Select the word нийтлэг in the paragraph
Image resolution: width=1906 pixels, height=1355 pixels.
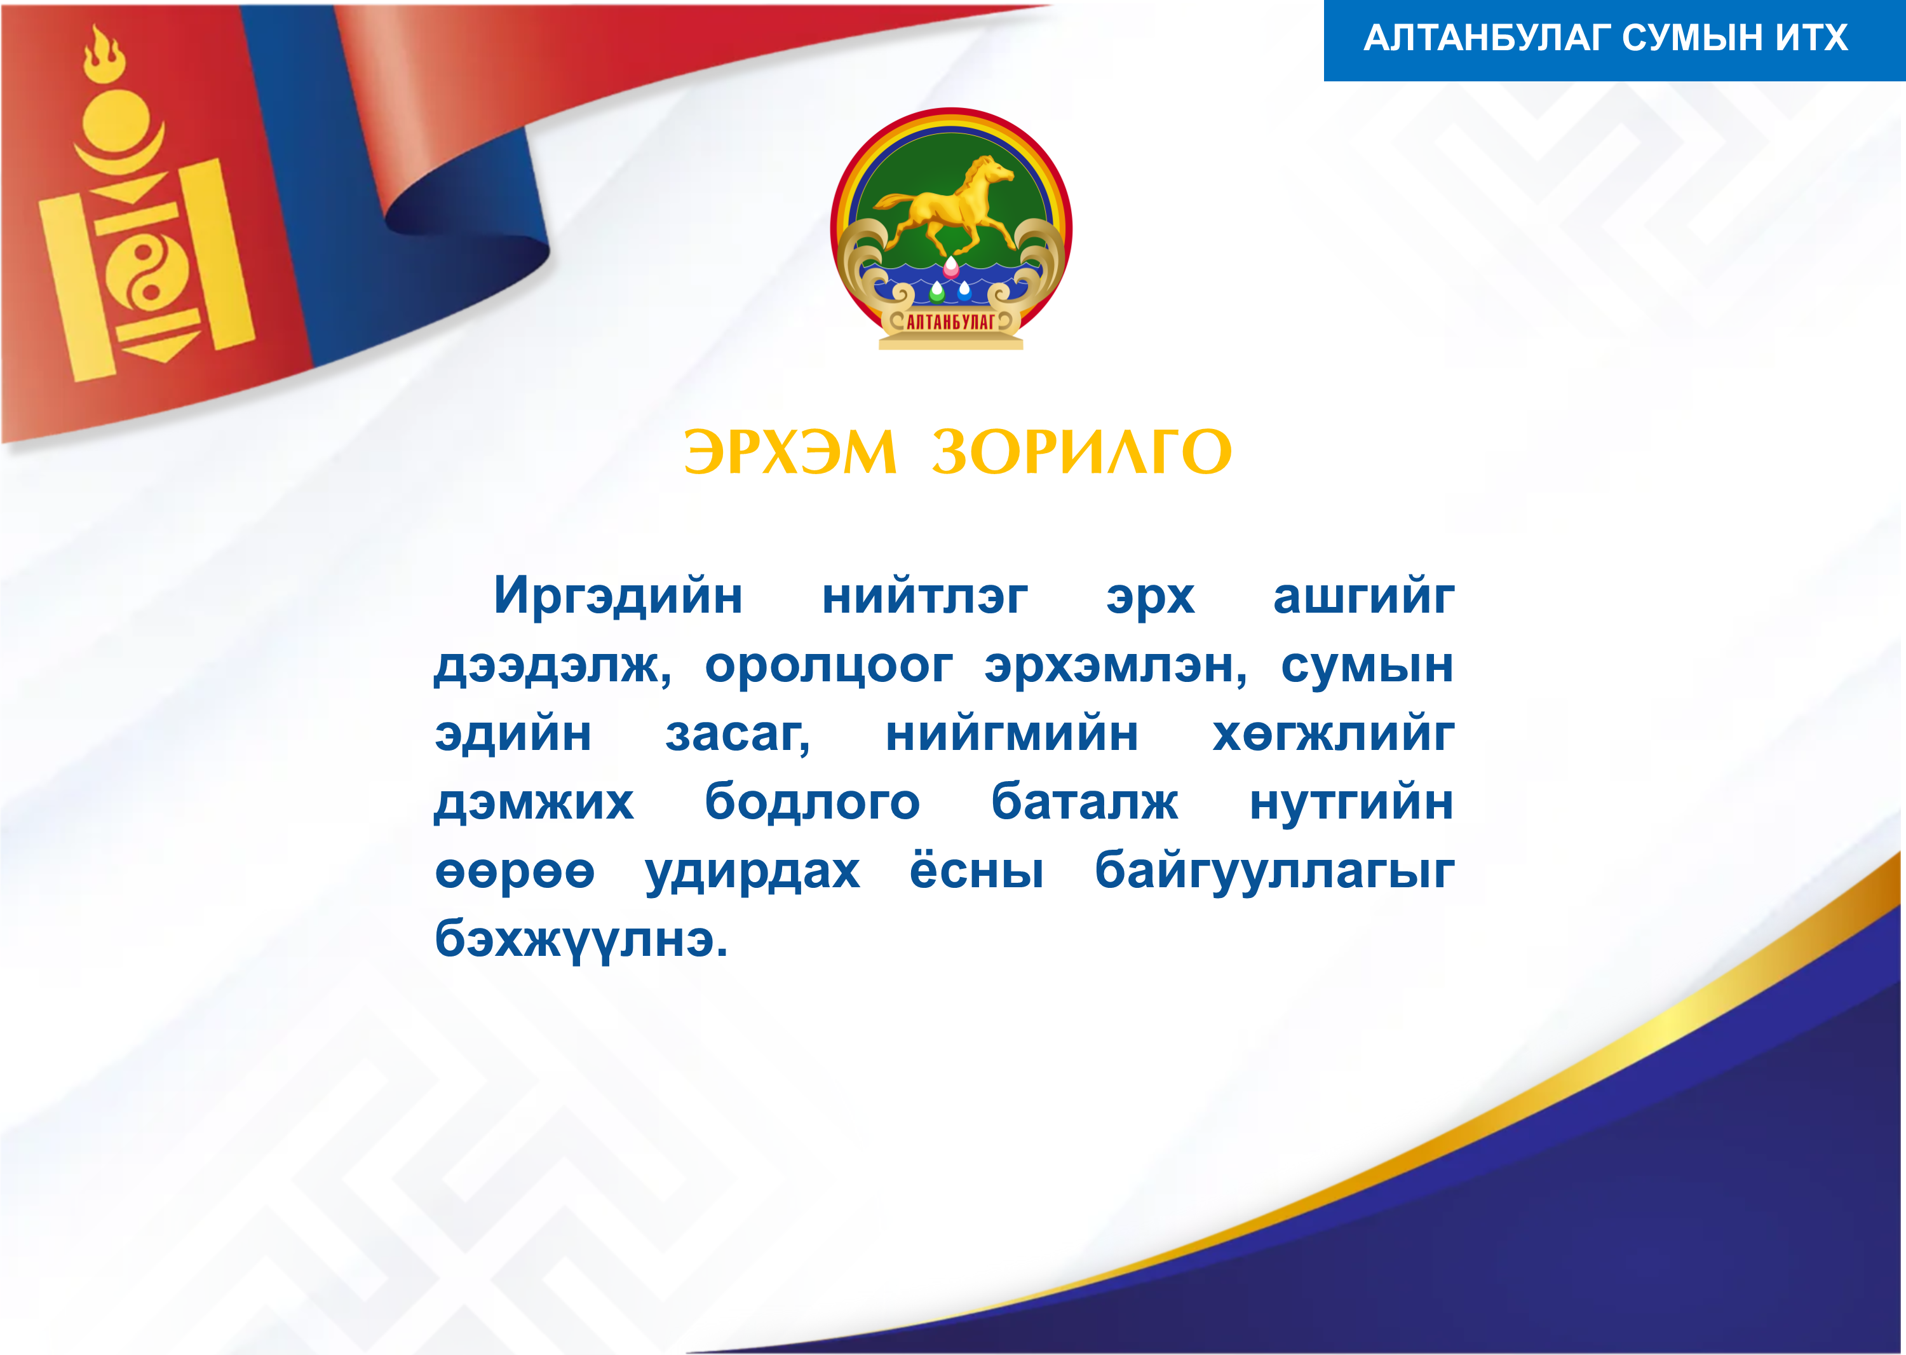[924, 597]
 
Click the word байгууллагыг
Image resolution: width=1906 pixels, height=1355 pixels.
[1274, 873]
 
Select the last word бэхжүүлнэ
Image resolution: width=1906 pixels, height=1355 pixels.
[581, 941]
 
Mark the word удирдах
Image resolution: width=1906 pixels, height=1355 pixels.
[752, 873]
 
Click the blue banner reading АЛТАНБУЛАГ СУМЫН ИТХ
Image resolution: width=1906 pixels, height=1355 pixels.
[1614, 40]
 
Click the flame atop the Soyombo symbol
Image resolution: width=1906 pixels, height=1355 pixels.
[104, 54]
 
